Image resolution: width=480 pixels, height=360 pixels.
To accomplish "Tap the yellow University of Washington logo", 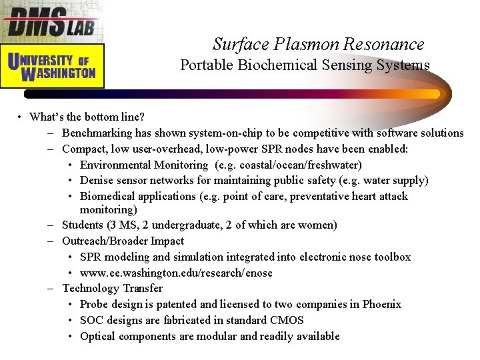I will click(52, 65).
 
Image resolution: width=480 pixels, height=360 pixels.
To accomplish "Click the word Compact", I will click(84, 149).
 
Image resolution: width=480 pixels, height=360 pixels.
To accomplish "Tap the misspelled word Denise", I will click(96, 181).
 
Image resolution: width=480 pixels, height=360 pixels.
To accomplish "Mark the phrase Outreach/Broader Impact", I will click(123, 241).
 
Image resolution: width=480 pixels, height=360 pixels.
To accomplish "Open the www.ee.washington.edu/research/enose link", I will click(176, 273).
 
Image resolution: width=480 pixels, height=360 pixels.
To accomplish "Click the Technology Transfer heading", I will click(112, 289).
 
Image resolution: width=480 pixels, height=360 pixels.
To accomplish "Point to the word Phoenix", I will click(382, 305).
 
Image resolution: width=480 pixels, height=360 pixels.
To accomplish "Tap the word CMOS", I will click(287, 320).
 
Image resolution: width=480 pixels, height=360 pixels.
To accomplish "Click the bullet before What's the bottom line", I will click(21, 118).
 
